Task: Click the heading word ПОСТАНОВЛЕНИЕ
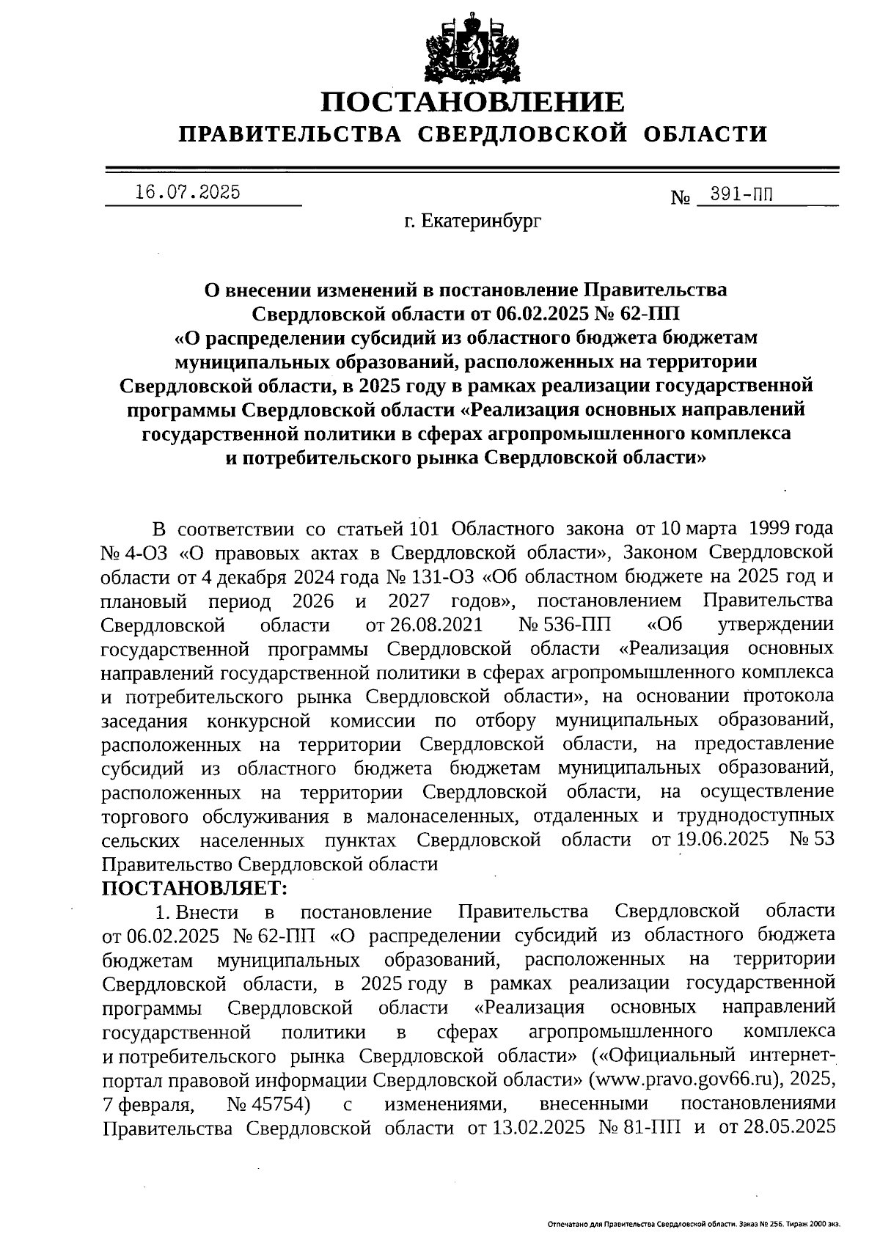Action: point(473,102)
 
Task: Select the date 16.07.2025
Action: point(188,192)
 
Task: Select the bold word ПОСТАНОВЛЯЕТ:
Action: point(194,888)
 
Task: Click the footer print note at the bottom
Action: point(693,1224)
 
